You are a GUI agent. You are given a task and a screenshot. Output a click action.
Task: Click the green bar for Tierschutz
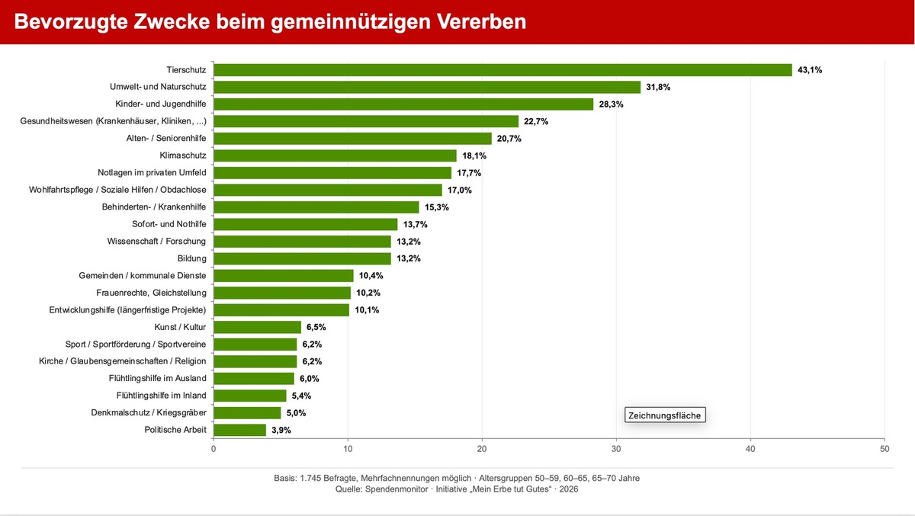pos(502,70)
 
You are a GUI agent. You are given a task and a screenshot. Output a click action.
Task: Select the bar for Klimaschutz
pos(335,155)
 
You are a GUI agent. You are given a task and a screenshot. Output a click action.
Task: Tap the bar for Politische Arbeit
pos(239,430)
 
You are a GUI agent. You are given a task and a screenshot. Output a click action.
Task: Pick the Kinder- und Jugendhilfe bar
pos(403,104)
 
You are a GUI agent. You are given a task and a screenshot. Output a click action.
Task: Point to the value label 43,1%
pos(810,70)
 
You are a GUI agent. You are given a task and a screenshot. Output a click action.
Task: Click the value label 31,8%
pos(658,87)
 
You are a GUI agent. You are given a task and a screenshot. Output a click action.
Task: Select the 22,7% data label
pos(536,121)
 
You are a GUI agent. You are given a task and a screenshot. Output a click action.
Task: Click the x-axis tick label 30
pos(616,448)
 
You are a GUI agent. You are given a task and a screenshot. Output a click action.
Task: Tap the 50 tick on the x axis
pos(884,448)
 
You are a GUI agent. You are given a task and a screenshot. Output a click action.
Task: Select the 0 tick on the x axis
pos(213,448)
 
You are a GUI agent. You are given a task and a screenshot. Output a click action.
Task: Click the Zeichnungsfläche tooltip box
pos(663,415)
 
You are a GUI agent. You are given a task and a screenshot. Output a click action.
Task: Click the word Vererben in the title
pos(480,21)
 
